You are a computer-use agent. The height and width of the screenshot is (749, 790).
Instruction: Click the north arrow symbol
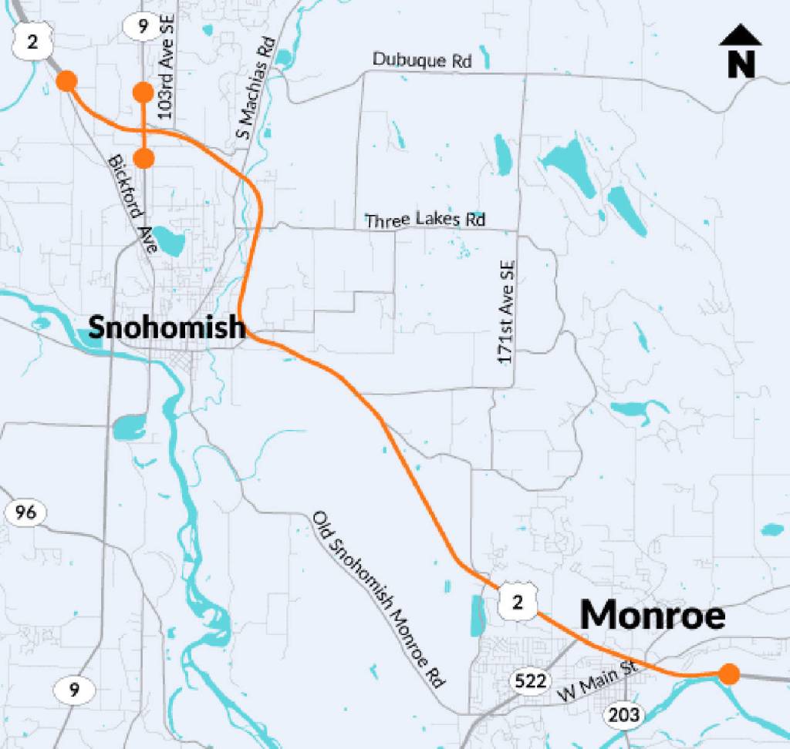pyautogui.click(x=741, y=52)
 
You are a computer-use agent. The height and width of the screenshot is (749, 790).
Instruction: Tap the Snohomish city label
pyautogui.click(x=166, y=327)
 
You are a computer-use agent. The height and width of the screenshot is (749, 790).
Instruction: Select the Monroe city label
pyautogui.click(x=653, y=616)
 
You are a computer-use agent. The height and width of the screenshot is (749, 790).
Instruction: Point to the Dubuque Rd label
pyautogui.click(x=421, y=60)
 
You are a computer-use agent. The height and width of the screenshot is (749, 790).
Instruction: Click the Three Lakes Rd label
pyautogui.click(x=426, y=220)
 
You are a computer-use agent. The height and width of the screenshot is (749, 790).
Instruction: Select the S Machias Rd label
pyautogui.click(x=255, y=89)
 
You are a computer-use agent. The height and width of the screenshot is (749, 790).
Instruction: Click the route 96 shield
pyautogui.click(x=25, y=512)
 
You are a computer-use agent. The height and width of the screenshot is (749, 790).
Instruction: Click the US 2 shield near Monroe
pyautogui.click(x=517, y=602)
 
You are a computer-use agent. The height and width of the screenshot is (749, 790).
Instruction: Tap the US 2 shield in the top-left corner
pyautogui.click(x=29, y=40)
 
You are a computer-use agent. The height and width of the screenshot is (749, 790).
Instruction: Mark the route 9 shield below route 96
pyautogui.click(x=73, y=689)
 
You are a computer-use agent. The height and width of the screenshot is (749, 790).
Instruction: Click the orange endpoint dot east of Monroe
pyautogui.click(x=728, y=674)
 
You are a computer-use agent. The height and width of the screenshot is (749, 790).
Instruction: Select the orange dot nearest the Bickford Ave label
pyautogui.click(x=143, y=158)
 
